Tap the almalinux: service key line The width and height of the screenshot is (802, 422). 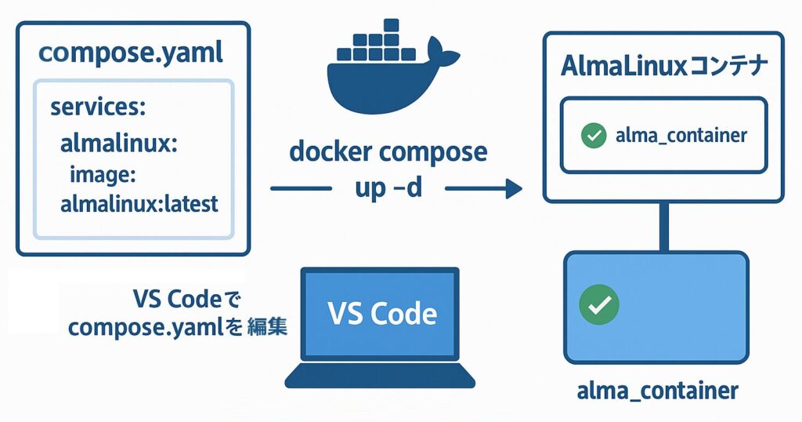pyautogui.click(x=119, y=144)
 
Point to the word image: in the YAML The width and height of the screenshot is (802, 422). pyautogui.click(x=103, y=174)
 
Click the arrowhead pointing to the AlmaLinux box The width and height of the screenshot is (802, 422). pyautogui.click(x=514, y=188)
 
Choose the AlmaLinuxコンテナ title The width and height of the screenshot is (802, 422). pyautogui.click(x=663, y=67)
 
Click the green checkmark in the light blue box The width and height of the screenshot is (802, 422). pyautogui.click(x=599, y=304)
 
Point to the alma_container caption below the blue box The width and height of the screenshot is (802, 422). pyautogui.click(x=656, y=391)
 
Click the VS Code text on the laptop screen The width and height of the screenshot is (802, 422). pyautogui.click(x=382, y=313)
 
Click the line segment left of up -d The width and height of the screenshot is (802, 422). pyautogui.click(x=301, y=188)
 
